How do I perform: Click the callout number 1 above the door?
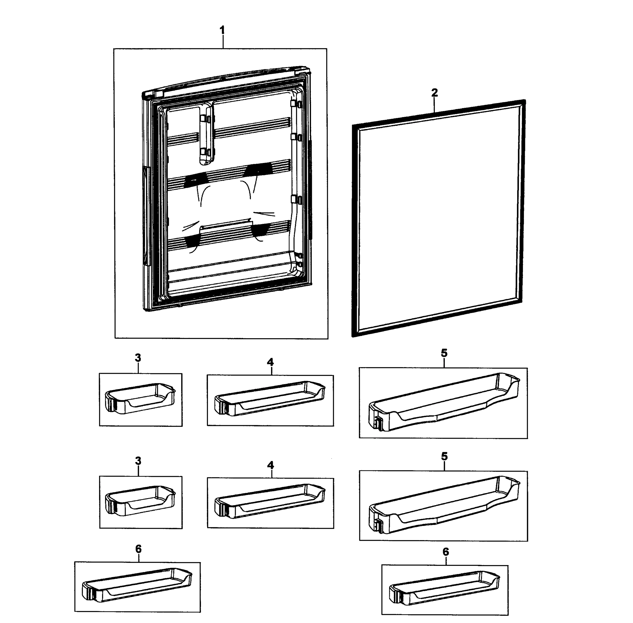coord(222,30)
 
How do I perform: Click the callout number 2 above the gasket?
coord(434,93)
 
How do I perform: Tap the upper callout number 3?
coord(138,358)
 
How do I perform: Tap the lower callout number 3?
coord(138,461)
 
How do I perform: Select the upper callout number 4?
coord(270,362)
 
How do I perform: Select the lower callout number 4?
coord(270,465)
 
